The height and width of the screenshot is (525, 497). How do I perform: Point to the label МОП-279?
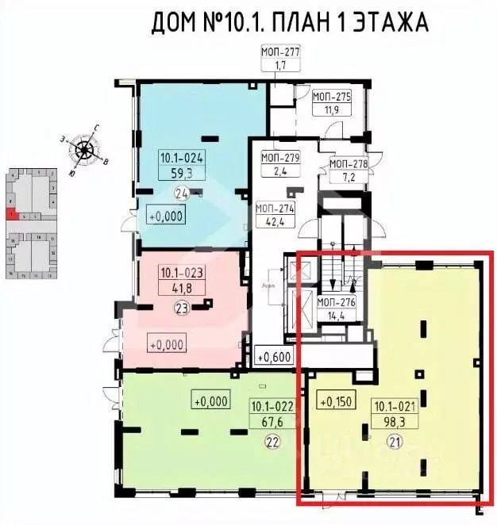tap(280, 158)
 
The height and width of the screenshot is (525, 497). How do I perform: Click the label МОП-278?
tap(349, 165)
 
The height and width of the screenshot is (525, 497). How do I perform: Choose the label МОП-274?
tap(275, 209)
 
